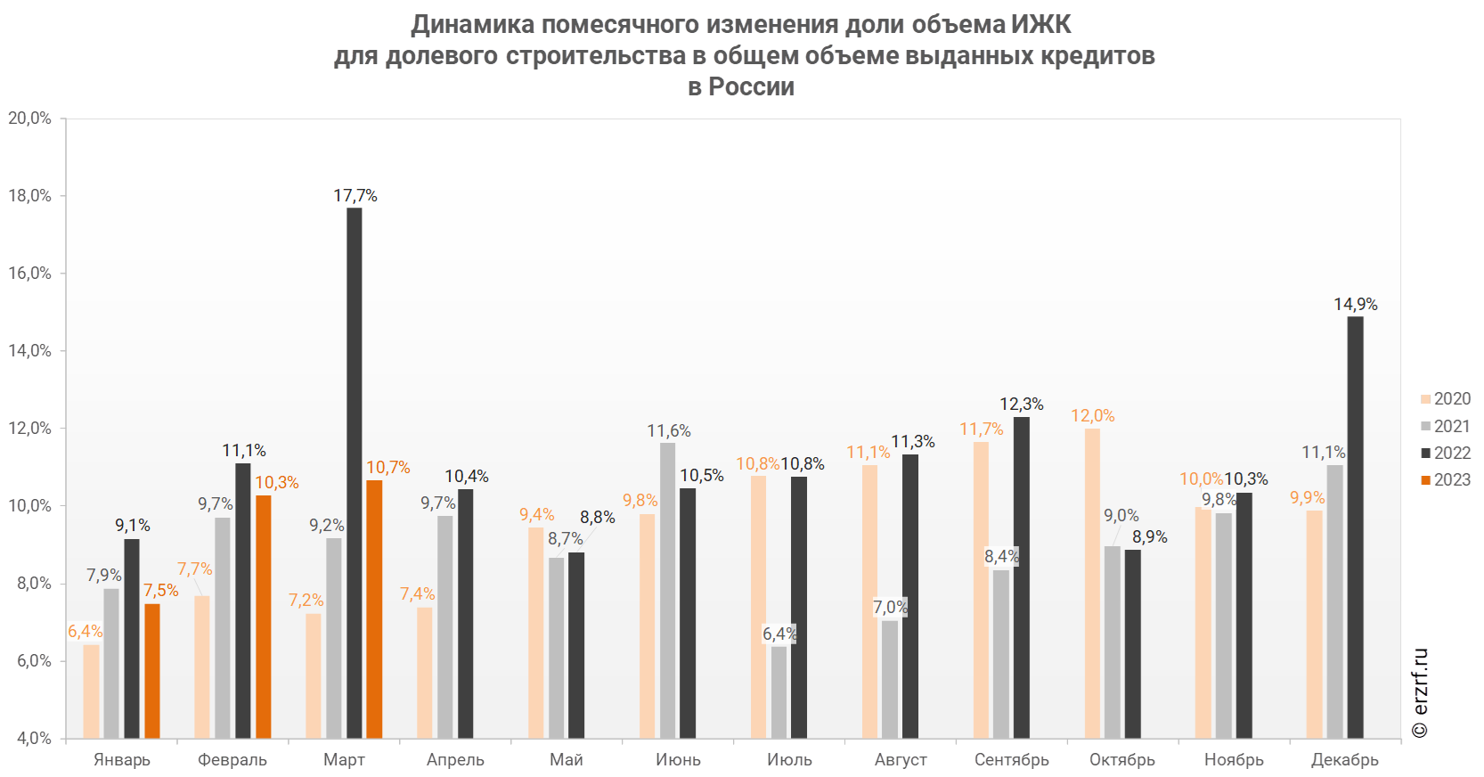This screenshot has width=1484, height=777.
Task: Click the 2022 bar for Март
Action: pyautogui.click(x=354, y=472)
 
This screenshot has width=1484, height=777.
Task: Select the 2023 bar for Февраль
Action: pyautogui.click(x=263, y=617)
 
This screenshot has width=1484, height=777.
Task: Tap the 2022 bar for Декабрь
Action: pyautogui.click(x=1355, y=528)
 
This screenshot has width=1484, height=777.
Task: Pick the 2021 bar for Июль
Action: pyautogui.click(x=779, y=691)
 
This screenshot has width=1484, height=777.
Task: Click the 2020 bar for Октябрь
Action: pyautogui.click(x=1092, y=584)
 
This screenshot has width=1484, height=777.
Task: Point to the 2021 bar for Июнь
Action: pyautogui.click(x=667, y=590)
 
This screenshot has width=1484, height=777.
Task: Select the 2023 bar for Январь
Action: pyautogui.click(x=152, y=671)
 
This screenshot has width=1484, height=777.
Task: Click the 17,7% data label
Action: pyautogui.click(x=355, y=195)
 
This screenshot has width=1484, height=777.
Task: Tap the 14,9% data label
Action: pyautogui.click(x=1355, y=305)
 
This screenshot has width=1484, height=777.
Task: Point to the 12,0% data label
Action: pyautogui.click(x=1092, y=416)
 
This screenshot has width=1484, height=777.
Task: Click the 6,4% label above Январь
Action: pyautogui.click(x=86, y=631)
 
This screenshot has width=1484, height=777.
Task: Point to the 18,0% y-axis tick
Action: pyautogui.click(x=29, y=196)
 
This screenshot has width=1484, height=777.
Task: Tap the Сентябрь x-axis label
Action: pyautogui.click(x=1012, y=760)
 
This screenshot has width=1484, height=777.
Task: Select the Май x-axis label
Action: pyautogui.click(x=567, y=760)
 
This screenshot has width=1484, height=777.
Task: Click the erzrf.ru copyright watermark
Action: pyautogui.click(x=1420, y=693)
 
